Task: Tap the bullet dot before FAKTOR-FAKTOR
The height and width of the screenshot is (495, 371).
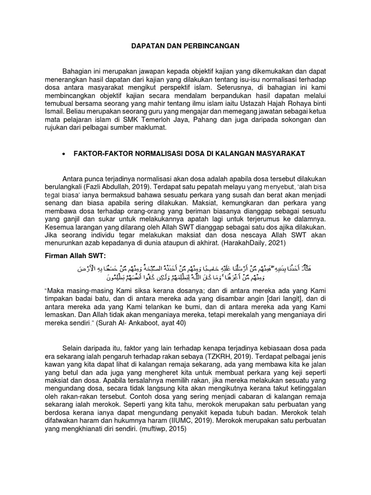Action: coord(64,153)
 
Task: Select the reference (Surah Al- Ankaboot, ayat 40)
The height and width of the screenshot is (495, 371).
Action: coord(140,323)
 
